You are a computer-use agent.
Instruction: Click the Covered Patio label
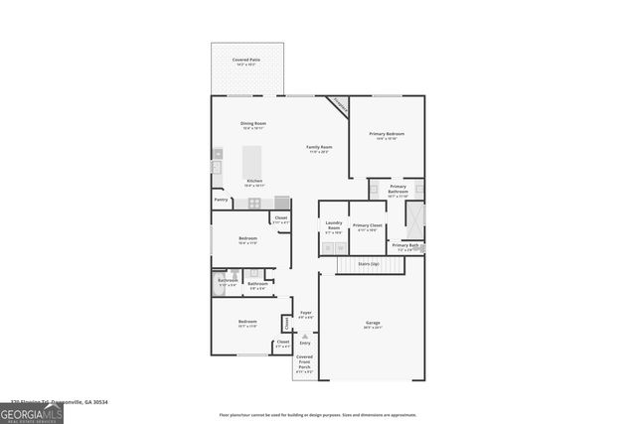[x=245, y=62]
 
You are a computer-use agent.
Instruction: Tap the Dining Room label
[x=253, y=125]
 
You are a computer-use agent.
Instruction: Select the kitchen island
[x=251, y=159]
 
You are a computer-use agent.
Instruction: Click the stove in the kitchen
[x=254, y=203]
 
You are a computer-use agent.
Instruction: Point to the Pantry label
[x=221, y=200]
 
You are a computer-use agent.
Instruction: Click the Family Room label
[x=319, y=149]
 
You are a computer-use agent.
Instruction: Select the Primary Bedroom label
[x=387, y=135]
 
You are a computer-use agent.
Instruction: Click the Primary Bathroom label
[x=397, y=190]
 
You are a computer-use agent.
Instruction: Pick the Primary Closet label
[x=368, y=227]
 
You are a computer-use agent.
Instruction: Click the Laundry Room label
[x=334, y=227]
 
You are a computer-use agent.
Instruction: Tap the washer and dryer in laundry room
[x=334, y=247]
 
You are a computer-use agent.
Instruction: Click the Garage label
[x=373, y=324]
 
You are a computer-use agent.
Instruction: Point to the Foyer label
[x=306, y=314]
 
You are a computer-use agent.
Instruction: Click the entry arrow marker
[x=305, y=336]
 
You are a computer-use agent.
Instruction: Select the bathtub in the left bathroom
[x=222, y=284]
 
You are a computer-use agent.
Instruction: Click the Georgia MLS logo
[x=31, y=414]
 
